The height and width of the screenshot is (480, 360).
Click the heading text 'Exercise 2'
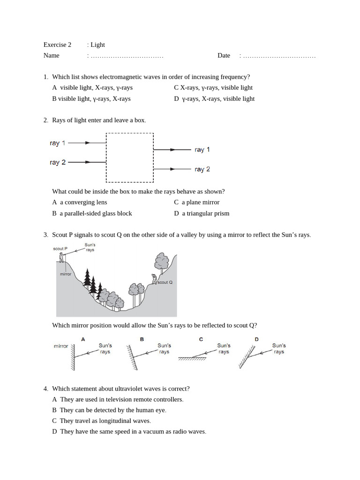(x=57, y=45)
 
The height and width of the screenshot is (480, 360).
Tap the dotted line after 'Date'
(x=279, y=56)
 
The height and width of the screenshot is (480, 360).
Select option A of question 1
(x=92, y=88)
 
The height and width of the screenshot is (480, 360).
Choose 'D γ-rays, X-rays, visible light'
(x=214, y=99)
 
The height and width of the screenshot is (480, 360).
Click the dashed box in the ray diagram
(x=130, y=157)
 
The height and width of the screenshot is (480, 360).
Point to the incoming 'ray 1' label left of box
(x=58, y=143)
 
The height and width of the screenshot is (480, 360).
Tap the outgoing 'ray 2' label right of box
(x=202, y=169)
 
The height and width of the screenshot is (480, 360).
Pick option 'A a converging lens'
(x=80, y=202)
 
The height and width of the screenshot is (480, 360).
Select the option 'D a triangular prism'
(x=202, y=214)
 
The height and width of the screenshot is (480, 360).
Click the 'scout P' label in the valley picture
(x=60, y=249)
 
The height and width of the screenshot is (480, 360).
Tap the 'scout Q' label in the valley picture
(x=165, y=283)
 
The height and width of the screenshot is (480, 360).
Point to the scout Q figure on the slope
(x=154, y=279)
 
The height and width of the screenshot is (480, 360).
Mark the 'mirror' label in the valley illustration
(x=66, y=274)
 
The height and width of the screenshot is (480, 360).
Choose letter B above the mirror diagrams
(x=142, y=339)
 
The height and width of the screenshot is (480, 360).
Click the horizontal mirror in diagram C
(x=192, y=359)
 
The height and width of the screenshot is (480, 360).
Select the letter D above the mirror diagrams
(x=256, y=339)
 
